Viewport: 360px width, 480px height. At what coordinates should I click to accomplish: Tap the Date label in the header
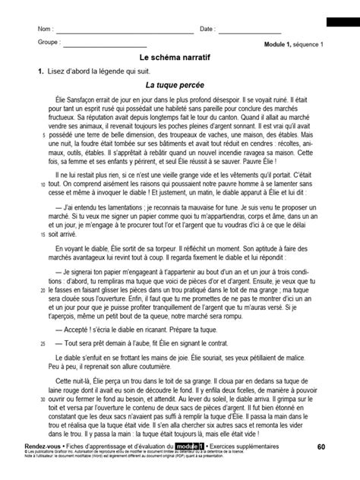click(x=207, y=30)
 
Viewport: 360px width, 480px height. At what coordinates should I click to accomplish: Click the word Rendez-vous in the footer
click(x=55, y=446)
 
